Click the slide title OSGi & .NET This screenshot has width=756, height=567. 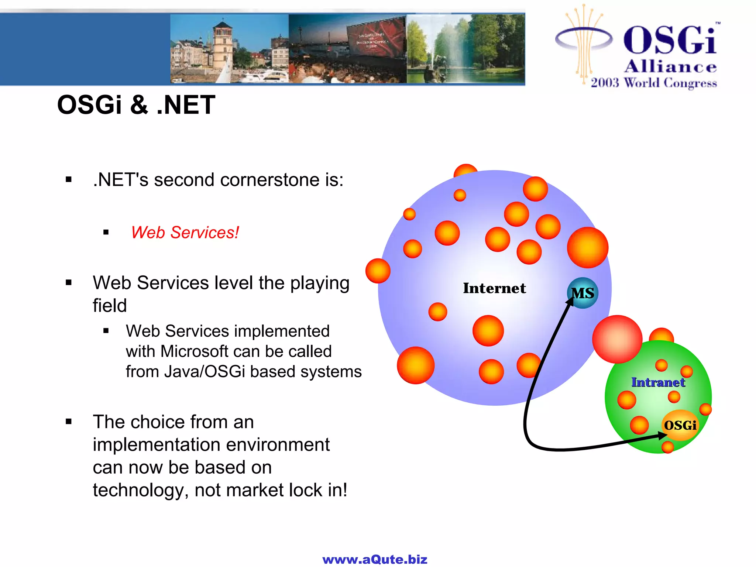(x=136, y=105)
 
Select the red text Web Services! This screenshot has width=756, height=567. (x=185, y=233)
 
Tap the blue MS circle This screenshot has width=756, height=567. (x=583, y=293)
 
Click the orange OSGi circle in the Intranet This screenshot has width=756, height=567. (x=680, y=425)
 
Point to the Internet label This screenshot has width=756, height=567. (x=494, y=288)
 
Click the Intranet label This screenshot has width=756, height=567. (x=658, y=382)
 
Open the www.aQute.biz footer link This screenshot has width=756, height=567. (x=375, y=559)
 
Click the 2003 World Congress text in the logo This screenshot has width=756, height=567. (x=654, y=83)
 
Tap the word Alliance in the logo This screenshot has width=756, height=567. (x=670, y=67)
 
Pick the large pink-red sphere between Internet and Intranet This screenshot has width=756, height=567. (x=617, y=339)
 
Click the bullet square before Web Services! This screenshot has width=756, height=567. (x=106, y=233)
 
